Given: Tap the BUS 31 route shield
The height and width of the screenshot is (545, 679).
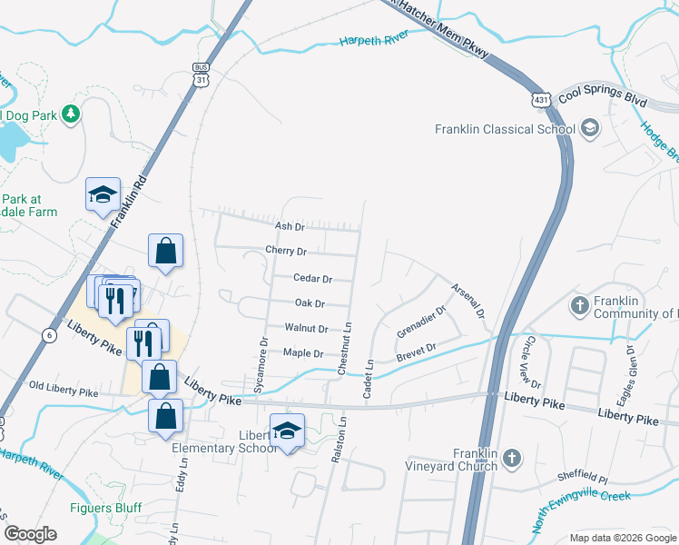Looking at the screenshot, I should click(x=200, y=74).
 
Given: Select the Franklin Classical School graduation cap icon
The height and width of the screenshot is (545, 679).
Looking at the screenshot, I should click(x=590, y=128).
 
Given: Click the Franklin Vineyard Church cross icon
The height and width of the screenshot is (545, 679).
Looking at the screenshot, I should click(x=511, y=459).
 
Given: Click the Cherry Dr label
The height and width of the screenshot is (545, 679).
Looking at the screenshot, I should click(x=286, y=251).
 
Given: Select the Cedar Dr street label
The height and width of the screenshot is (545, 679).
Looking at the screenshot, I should click(x=312, y=279).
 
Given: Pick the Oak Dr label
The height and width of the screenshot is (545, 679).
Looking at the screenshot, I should click(x=310, y=303).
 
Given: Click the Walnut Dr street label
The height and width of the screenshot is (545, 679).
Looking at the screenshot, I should click(x=305, y=327).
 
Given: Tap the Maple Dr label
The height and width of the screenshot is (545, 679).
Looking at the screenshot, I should click(x=303, y=352).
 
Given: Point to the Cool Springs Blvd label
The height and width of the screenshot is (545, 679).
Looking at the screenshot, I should click(x=602, y=94).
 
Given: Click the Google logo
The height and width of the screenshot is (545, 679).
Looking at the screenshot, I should click(x=30, y=534).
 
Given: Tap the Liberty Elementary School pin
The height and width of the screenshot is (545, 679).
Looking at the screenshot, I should click(x=287, y=431).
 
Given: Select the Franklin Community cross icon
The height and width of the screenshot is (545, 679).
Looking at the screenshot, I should click(x=580, y=306).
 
